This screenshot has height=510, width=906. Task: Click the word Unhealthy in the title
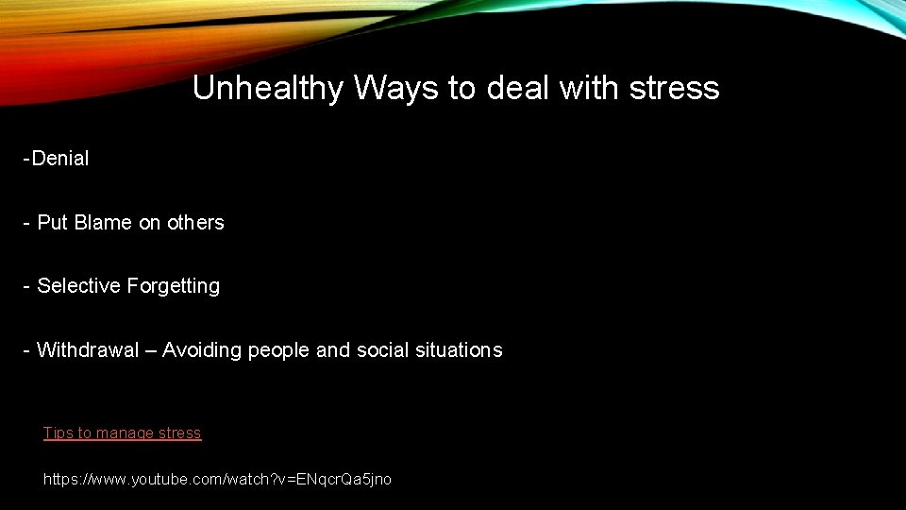coord(268,89)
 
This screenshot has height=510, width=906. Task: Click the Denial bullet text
coord(59,159)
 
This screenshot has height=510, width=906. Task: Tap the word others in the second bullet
coord(195,223)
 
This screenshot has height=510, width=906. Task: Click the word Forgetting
coord(175,286)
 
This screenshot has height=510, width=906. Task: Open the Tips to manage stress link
coord(122,433)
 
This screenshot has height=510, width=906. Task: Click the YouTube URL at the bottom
coord(217,480)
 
